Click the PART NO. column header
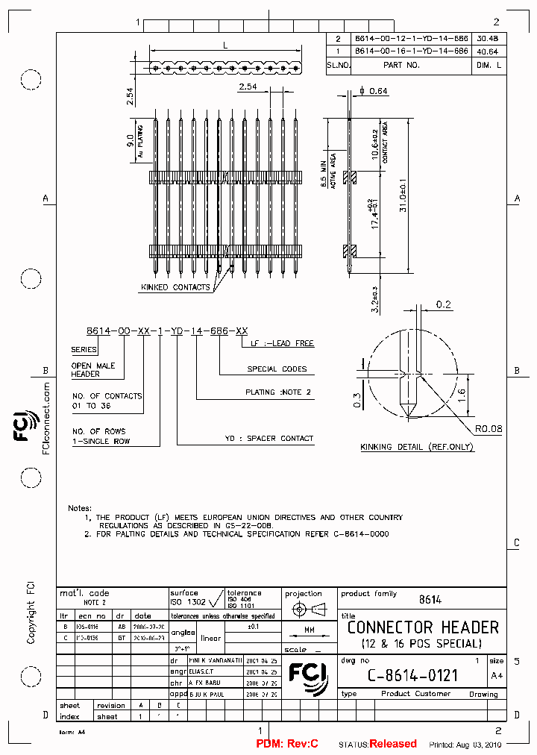402,65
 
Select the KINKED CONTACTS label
175,287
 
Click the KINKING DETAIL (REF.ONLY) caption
417,447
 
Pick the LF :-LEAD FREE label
277,344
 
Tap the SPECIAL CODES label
277,369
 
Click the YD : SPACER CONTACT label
269,439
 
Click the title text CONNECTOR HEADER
423,627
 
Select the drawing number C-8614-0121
412,675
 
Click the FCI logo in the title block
307,671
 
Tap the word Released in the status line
393,744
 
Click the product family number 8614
430,599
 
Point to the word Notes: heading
80,507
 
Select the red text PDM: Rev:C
287,744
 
